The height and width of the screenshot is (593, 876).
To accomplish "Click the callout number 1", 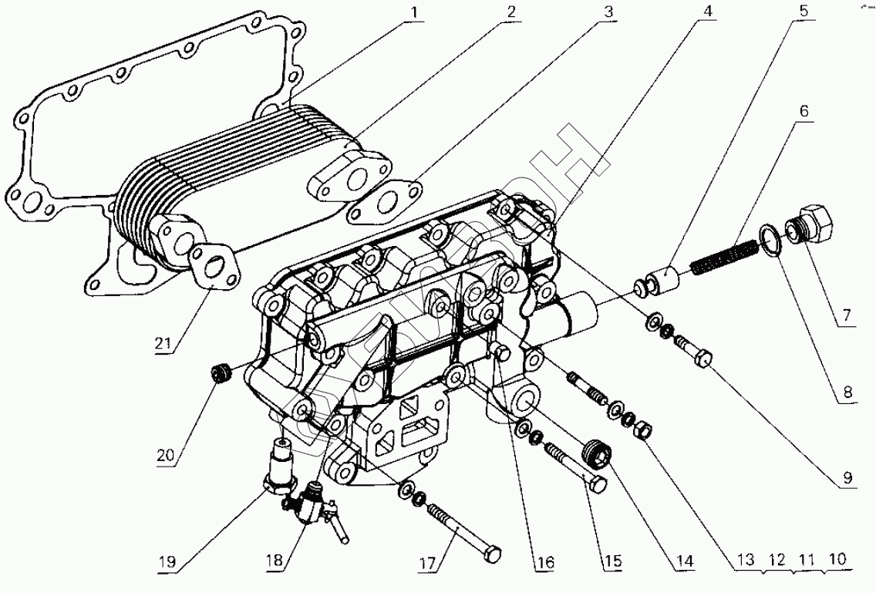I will (414, 13).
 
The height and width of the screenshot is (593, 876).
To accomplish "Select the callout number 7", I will (845, 315).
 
